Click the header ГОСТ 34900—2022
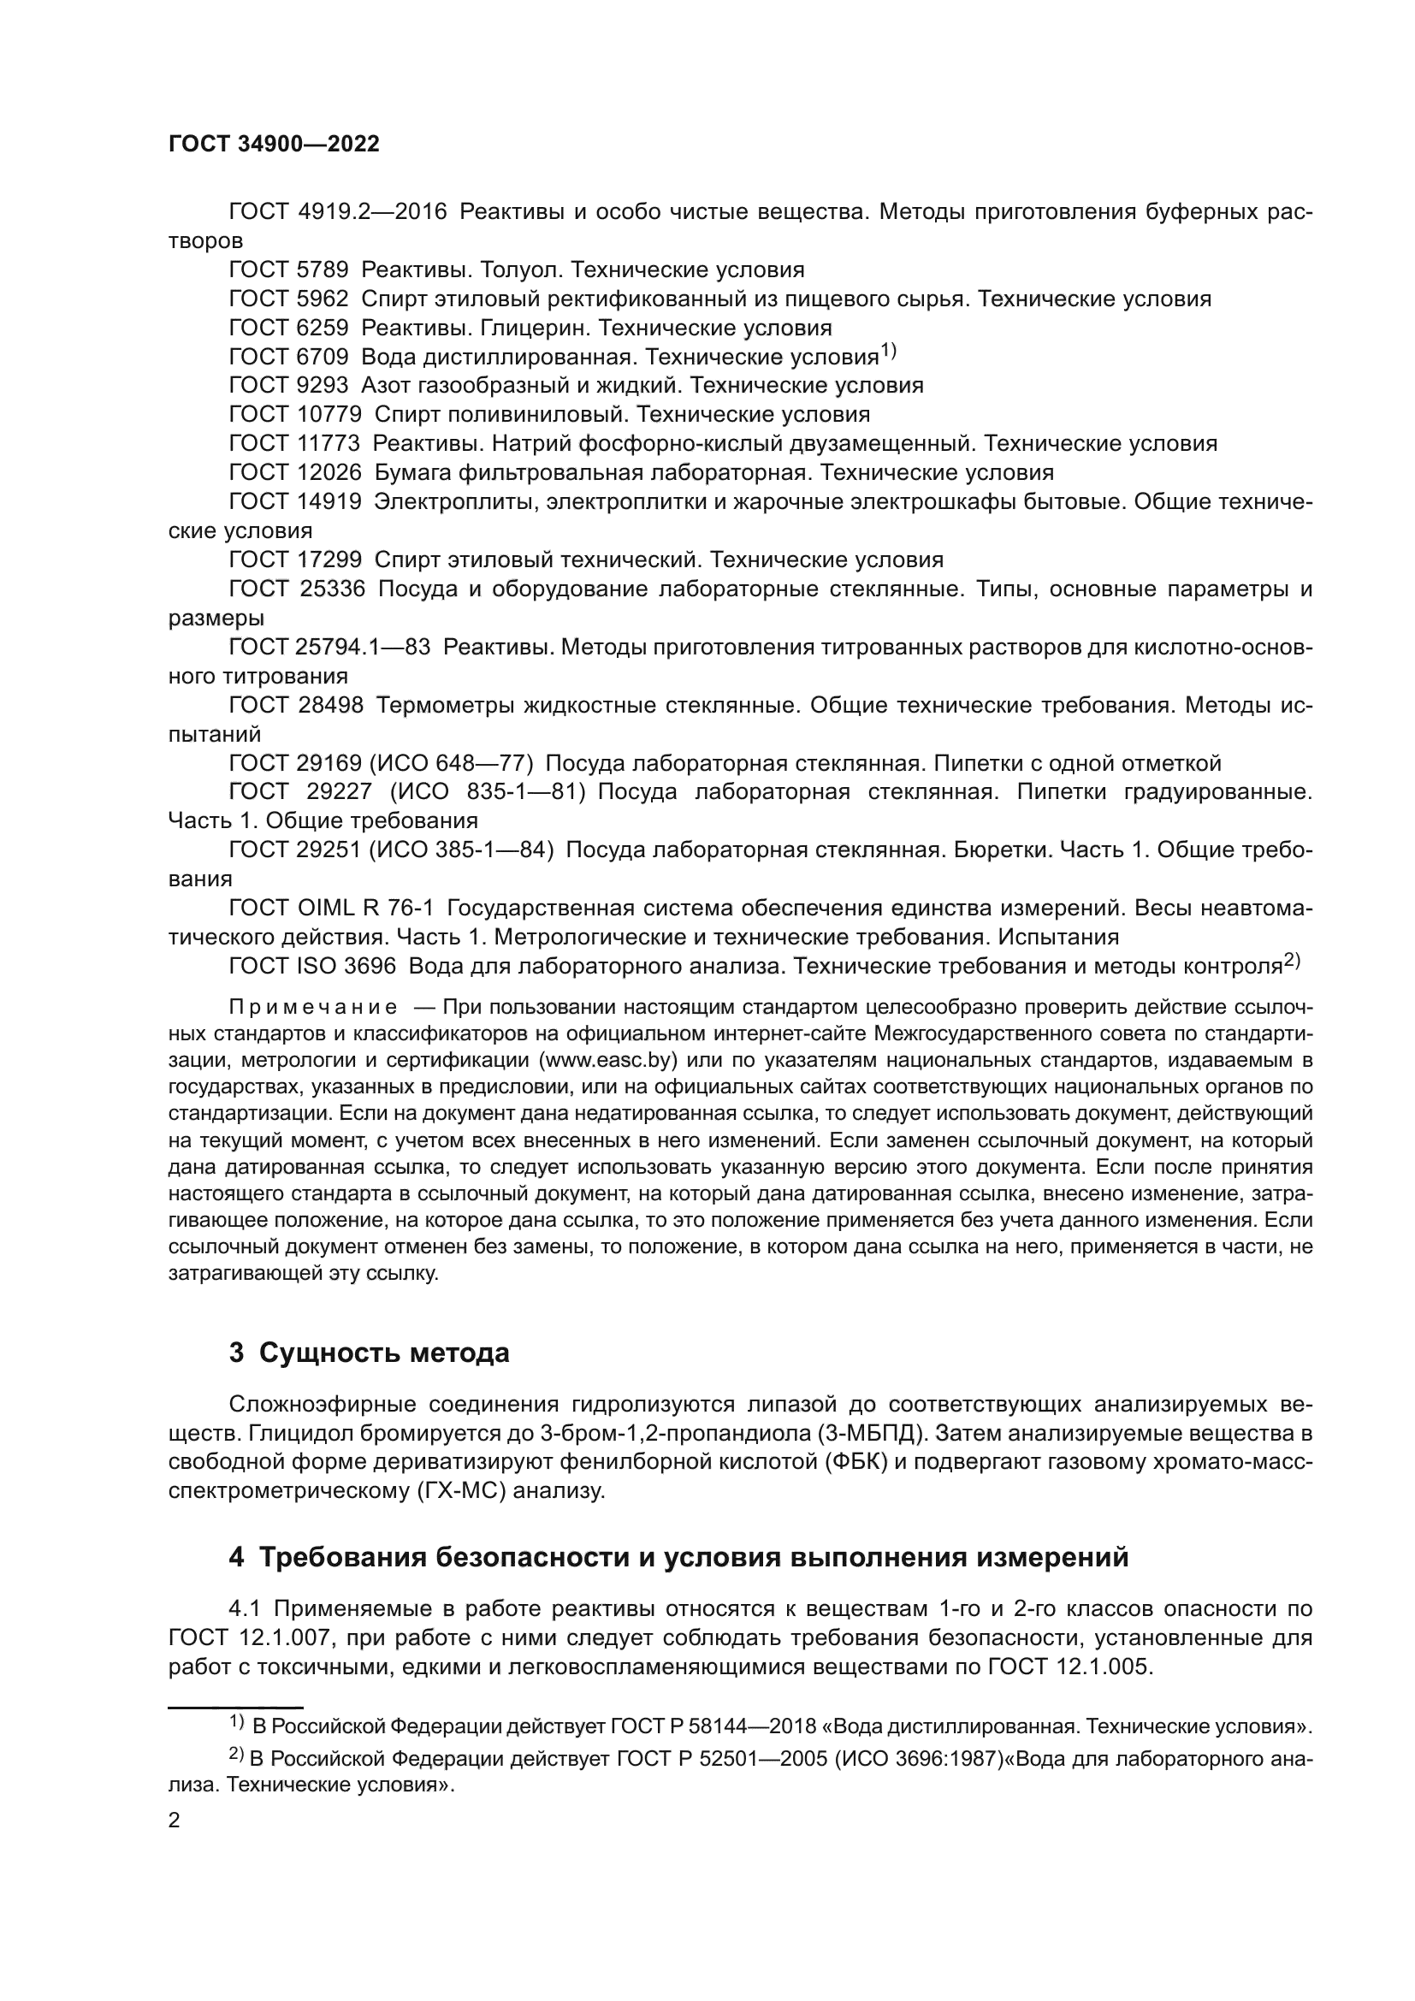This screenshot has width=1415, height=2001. (x=274, y=145)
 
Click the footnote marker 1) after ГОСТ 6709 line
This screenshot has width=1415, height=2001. (x=888, y=352)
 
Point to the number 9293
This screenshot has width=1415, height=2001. (x=323, y=385)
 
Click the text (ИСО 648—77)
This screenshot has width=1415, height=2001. (x=453, y=763)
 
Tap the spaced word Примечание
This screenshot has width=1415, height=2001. (x=313, y=1009)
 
